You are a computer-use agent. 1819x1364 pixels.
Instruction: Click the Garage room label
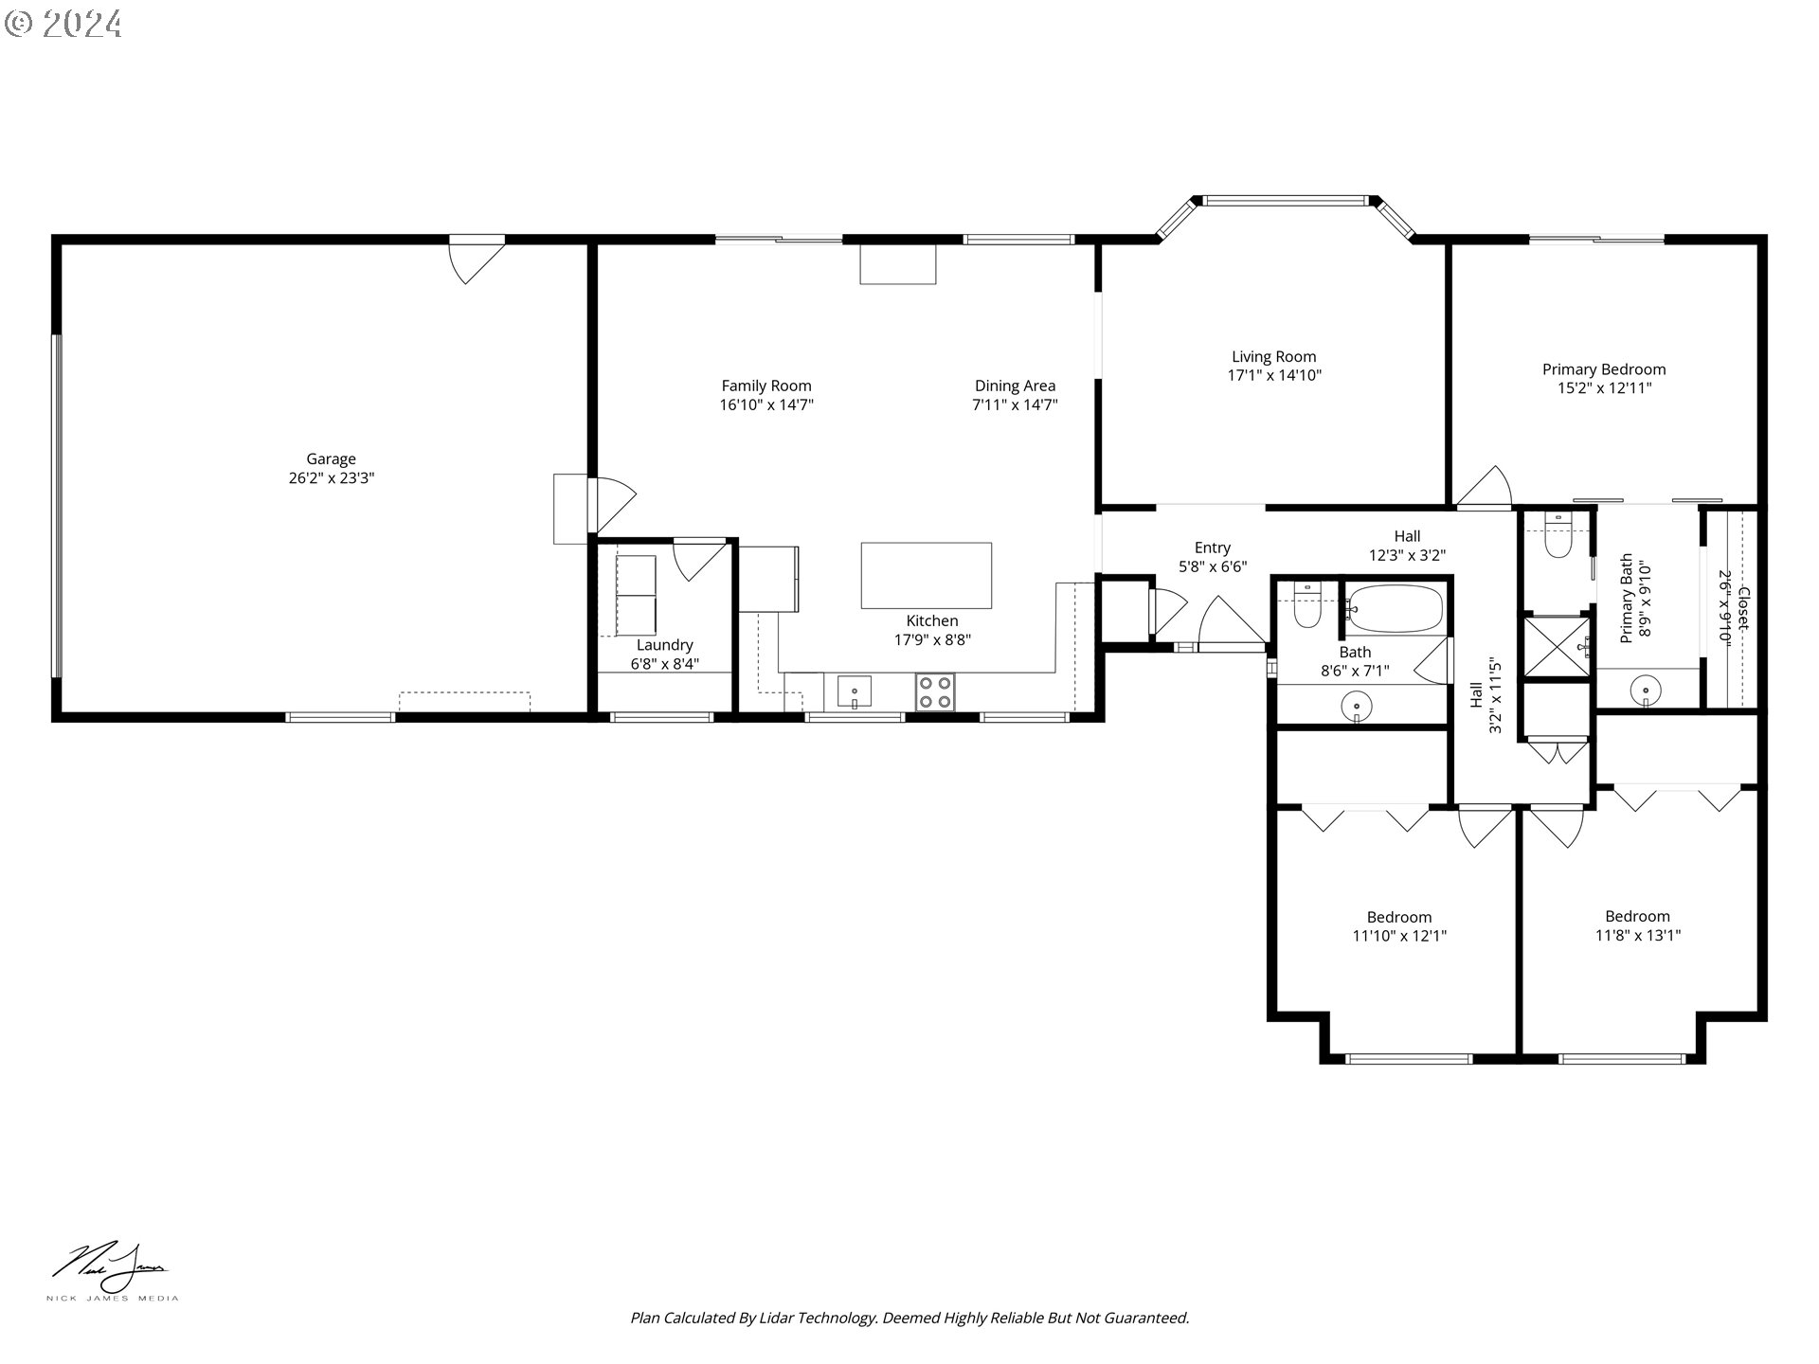[331, 459]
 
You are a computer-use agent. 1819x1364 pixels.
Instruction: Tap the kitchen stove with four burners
[935, 691]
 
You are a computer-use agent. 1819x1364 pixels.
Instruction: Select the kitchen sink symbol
[854, 692]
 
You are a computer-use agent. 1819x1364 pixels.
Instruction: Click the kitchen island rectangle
[926, 575]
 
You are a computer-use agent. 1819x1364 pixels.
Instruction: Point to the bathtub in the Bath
[1395, 609]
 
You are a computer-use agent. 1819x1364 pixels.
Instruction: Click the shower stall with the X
[1556, 647]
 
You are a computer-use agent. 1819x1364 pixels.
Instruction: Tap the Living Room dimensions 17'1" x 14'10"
[1274, 375]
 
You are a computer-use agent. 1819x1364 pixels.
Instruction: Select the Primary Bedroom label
[1603, 369]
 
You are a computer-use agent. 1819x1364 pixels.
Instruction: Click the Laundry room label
[664, 645]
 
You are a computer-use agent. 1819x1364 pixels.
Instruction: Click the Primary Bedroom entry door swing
[1486, 488]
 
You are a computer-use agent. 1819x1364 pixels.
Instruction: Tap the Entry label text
[1212, 547]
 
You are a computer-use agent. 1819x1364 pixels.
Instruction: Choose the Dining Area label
[1015, 386]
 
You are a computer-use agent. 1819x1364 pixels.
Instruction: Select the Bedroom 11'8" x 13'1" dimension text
[1637, 935]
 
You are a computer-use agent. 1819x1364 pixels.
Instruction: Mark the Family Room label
[765, 386]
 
